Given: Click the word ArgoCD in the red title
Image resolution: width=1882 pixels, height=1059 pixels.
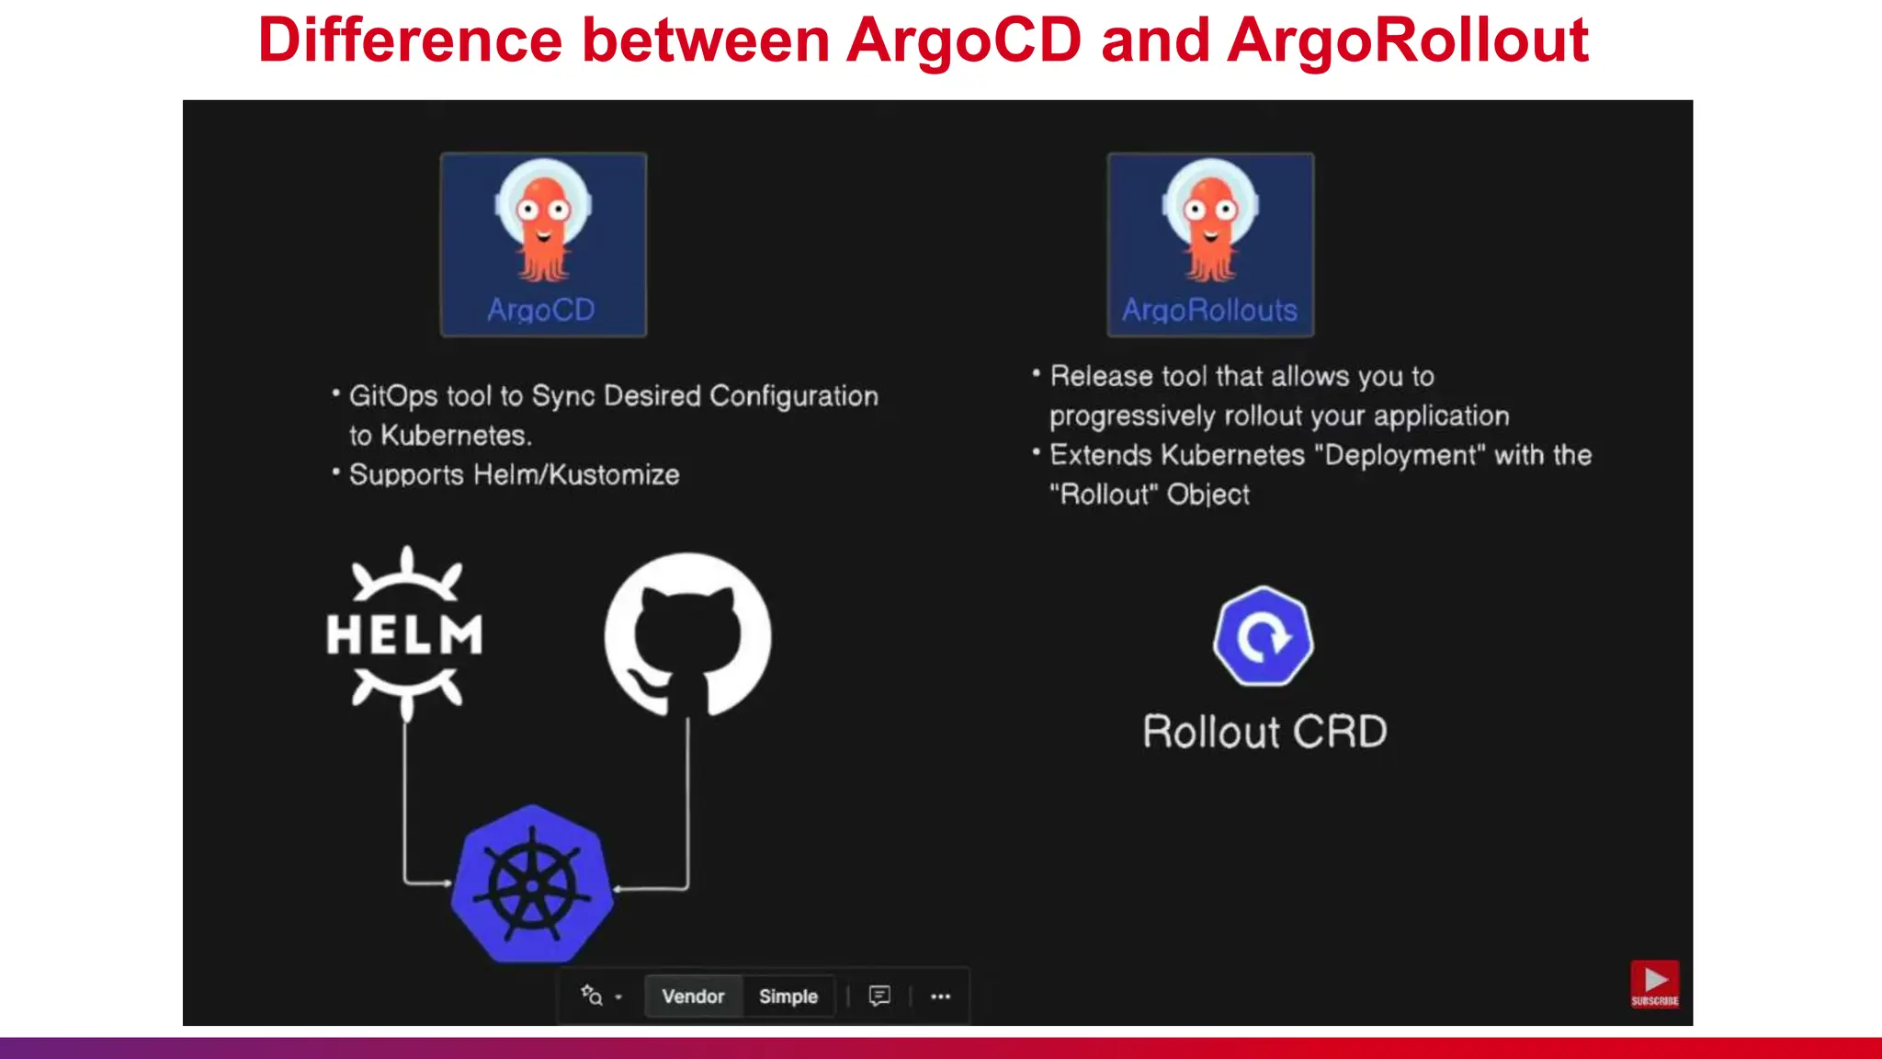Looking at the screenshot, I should coord(964,41).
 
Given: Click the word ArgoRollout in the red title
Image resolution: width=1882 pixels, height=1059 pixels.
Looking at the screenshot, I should coord(1408,41).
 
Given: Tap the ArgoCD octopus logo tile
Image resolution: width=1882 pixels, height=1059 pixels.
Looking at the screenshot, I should coord(543,245).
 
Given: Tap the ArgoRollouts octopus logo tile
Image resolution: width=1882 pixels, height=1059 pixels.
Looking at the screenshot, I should coord(1210,245).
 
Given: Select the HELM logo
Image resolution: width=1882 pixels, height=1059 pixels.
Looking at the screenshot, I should coord(405,633).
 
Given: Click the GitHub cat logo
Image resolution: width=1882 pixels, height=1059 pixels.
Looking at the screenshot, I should coord(687,635).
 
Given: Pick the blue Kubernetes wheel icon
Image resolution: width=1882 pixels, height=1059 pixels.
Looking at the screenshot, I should coord(532,884).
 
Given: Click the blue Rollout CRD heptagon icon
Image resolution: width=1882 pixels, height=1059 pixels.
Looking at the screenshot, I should coord(1263,636).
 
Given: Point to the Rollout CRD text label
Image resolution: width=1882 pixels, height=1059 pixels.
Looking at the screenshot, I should coord(1264,732).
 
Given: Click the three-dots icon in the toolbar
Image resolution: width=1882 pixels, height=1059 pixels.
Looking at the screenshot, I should coord(940,996).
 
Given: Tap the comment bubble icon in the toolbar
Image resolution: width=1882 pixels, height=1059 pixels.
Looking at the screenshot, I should coord(879,996).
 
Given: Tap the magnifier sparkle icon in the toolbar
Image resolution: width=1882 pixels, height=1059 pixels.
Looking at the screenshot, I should coord(592,996).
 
